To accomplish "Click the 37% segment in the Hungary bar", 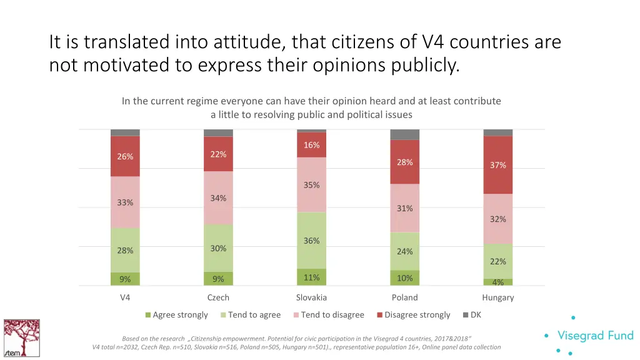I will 497,165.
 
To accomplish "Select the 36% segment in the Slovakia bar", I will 311,241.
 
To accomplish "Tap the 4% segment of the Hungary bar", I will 497,282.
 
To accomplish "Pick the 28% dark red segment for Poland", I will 404,162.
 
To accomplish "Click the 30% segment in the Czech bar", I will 218,248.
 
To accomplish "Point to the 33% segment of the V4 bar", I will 125,202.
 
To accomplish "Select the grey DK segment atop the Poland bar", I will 404,134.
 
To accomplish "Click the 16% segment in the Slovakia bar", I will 311,145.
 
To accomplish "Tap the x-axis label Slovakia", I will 311,297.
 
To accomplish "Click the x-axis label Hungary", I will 497,297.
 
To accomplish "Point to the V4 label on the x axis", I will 125,297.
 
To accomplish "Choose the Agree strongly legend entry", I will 176,315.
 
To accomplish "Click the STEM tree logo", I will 21,337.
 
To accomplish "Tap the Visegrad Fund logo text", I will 595,336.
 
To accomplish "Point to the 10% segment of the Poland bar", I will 404,278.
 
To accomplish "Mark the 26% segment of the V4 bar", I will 125,156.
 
